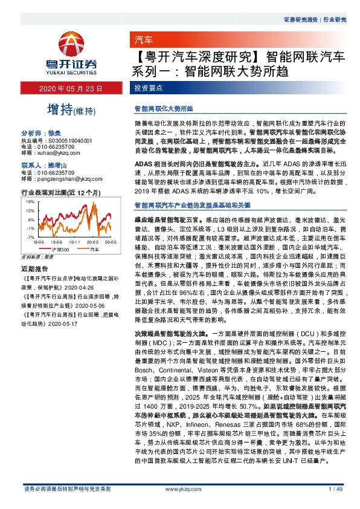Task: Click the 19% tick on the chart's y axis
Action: coord(30,200)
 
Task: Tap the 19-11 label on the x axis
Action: coord(72,242)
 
